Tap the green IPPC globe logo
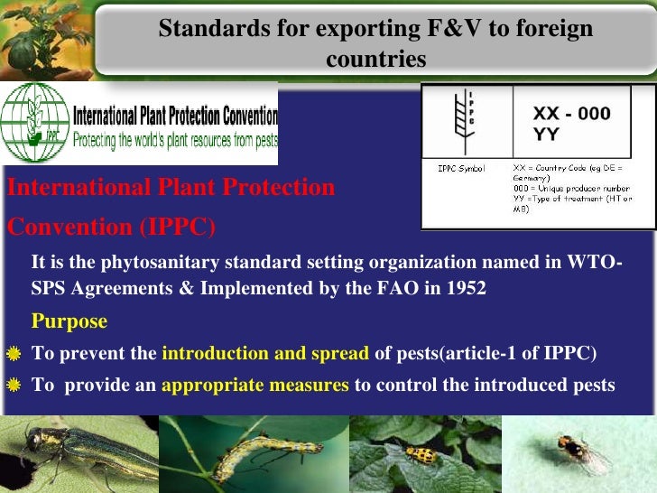tap(34, 124)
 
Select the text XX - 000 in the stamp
tap(571, 114)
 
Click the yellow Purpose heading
tap(69, 321)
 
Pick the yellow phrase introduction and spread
tap(264, 353)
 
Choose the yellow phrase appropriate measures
tap(254, 385)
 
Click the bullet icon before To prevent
tap(14, 353)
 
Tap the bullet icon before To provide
tap(14, 386)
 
